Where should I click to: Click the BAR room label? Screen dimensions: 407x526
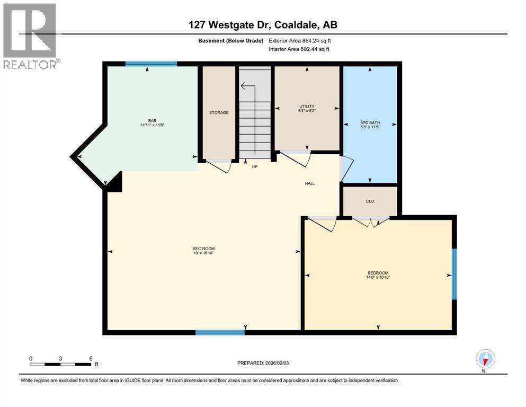coord(152,121)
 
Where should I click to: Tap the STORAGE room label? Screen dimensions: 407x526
coord(219,112)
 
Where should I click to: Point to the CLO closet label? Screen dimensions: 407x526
coord(370,201)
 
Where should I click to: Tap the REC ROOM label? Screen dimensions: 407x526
coord(203,249)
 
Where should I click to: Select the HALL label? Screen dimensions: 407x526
coord(310,183)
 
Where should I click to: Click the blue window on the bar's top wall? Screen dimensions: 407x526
coord(151,64)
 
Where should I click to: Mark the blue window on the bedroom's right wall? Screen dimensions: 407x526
coord(454,273)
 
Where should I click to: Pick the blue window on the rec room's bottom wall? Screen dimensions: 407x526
coord(220,332)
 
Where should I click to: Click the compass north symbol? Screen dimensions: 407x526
coord(485,359)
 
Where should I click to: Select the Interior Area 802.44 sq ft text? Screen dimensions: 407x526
coord(299,49)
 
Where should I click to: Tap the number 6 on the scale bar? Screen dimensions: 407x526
coord(91,358)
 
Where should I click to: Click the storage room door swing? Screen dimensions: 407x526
coord(220,166)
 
